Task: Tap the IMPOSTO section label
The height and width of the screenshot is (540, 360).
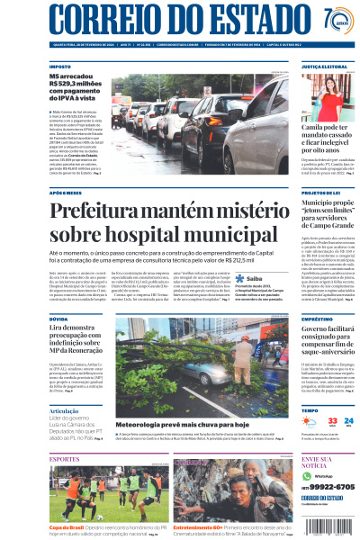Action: (x=60, y=67)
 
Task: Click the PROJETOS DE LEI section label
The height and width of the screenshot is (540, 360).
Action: (x=320, y=193)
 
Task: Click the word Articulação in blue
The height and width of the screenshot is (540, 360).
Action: (x=64, y=410)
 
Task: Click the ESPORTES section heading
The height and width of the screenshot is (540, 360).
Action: (x=65, y=459)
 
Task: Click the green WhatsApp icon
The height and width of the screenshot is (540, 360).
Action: (x=307, y=475)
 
